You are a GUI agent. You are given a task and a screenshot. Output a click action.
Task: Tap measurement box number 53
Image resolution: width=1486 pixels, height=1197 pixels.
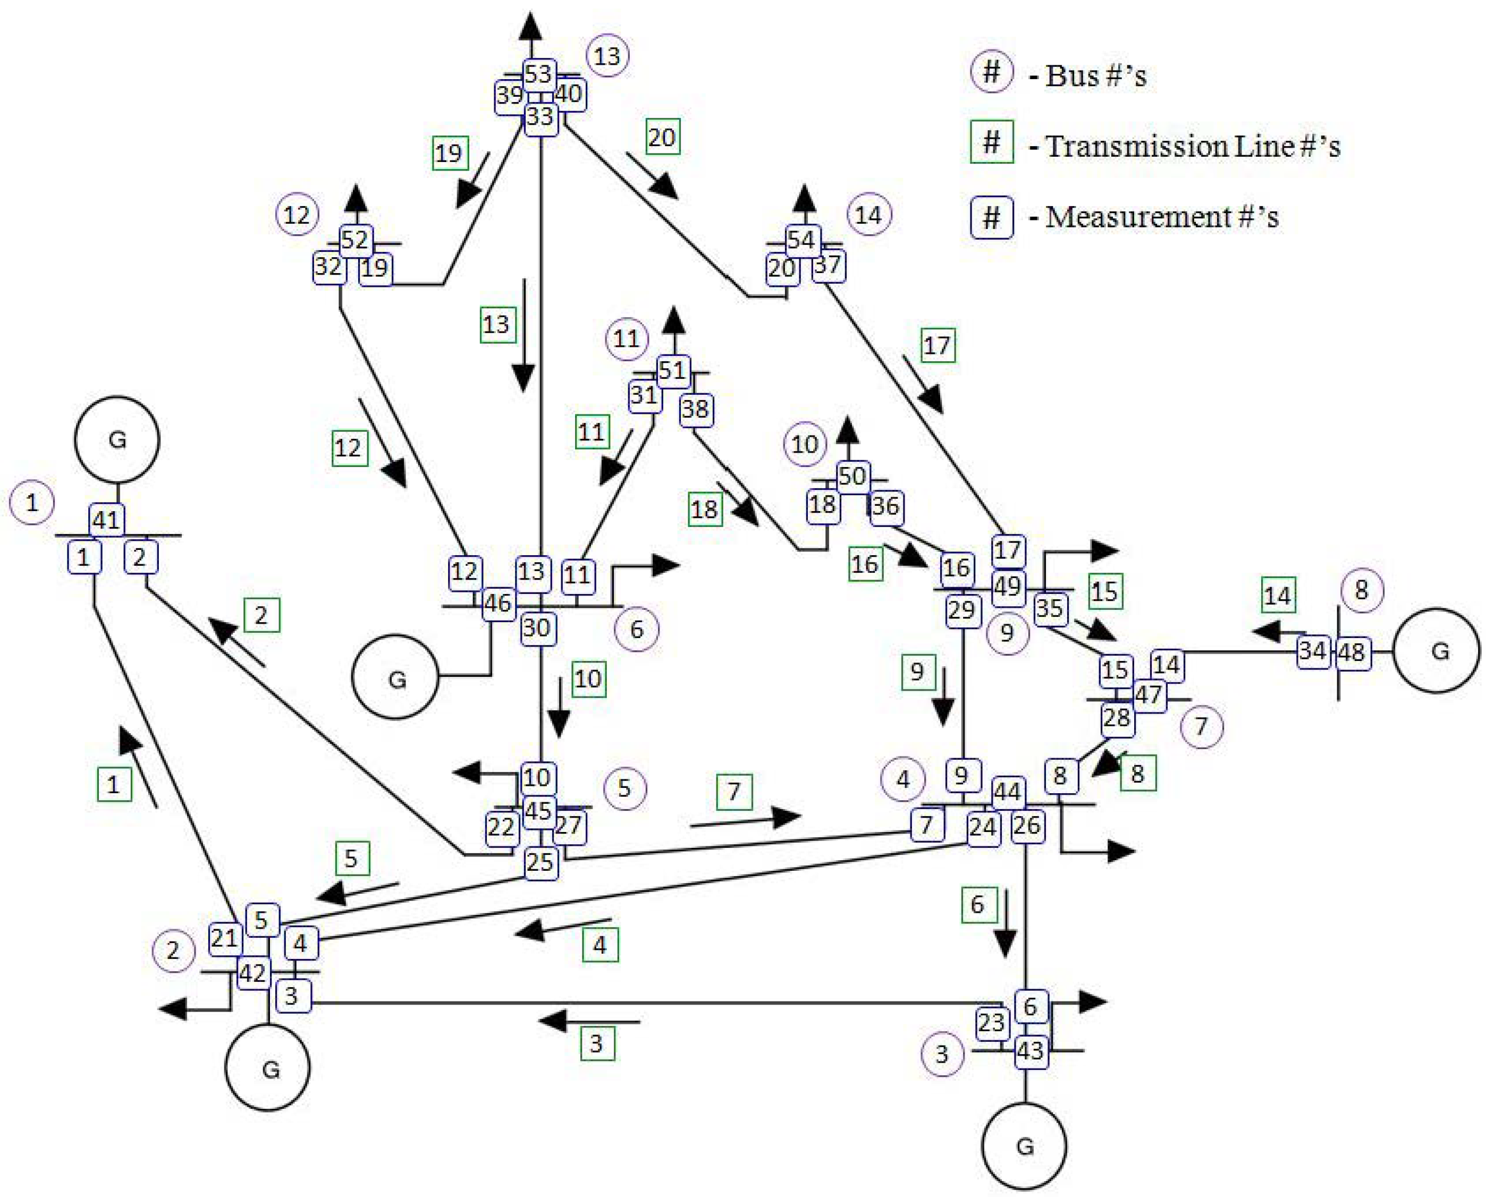pyautogui.click(x=538, y=74)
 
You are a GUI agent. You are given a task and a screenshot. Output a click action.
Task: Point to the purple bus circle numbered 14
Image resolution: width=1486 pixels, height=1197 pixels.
pyautogui.click(x=868, y=215)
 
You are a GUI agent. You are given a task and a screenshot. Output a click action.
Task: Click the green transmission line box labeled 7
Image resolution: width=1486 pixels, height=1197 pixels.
pyautogui.click(x=733, y=792)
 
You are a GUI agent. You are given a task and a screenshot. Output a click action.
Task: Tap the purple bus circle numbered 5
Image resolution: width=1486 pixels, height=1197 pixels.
pyautogui.click(x=624, y=788)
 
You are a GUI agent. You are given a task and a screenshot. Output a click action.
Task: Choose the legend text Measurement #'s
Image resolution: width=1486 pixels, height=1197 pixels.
pyautogui.click(x=1161, y=217)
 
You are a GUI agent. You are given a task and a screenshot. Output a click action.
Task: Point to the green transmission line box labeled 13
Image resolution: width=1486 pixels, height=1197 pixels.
pyautogui.click(x=497, y=324)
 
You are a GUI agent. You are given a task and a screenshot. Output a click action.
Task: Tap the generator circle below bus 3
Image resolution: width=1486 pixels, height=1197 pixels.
pyautogui.click(x=1024, y=1146)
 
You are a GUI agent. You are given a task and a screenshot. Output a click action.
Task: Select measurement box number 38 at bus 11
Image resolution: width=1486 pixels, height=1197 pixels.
pyautogui.click(x=695, y=410)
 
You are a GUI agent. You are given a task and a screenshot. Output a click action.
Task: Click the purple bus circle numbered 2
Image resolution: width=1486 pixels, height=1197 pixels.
pyautogui.click(x=173, y=951)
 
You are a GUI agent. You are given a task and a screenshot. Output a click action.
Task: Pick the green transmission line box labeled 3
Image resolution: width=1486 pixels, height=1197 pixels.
pyautogui.click(x=596, y=1043)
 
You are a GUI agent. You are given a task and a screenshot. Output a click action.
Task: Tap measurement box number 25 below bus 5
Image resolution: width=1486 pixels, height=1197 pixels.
pyautogui.click(x=540, y=862)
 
